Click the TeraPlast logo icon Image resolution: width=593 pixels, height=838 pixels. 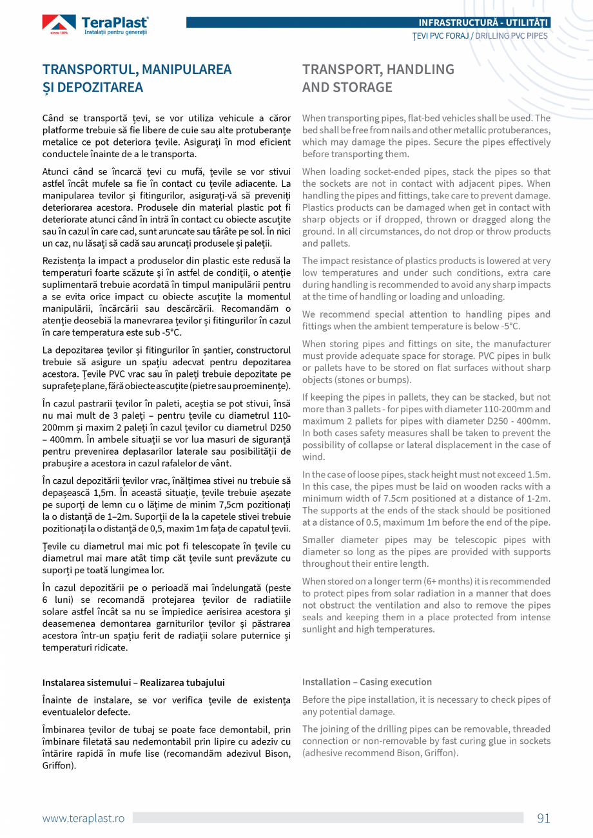[x=59, y=24]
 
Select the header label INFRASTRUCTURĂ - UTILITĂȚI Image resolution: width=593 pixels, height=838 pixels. [x=483, y=23]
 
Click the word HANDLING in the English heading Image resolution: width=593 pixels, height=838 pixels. [x=419, y=69]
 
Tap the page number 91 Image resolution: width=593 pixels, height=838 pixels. [x=543, y=818]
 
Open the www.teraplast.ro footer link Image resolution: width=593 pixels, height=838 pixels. [x=83, y=818]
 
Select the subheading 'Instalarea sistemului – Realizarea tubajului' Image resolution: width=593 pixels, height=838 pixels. [x=133, y=682]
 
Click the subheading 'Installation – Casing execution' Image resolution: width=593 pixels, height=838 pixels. [x=367, y=682]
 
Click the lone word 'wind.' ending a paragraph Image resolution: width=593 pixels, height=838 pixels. [x=314, y=457]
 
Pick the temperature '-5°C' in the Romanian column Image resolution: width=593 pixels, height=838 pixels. [x=170, y=332]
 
